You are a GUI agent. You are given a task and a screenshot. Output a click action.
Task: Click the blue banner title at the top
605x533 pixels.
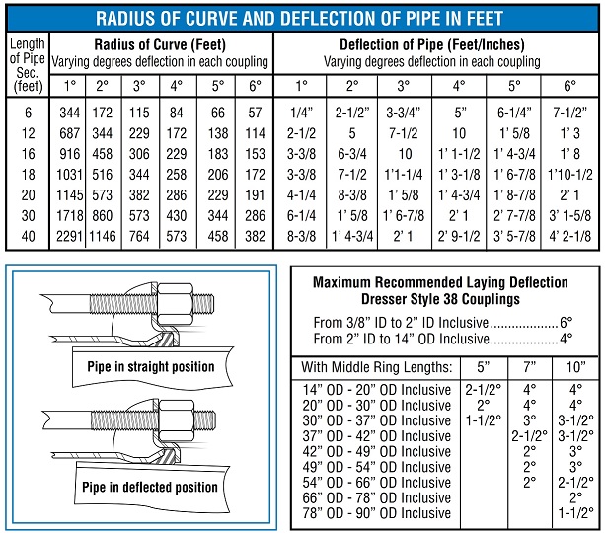[x=299, y=18]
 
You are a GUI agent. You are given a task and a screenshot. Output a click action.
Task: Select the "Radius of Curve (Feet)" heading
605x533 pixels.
[x=160, y=45]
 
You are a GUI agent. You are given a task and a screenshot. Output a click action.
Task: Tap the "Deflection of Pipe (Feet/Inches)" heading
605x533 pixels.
[x=431, y=45]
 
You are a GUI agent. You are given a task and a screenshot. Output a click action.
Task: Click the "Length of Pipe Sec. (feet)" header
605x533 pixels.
[x=28, y=65]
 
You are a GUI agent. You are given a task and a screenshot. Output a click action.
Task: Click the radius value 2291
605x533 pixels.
[x=69, y=236]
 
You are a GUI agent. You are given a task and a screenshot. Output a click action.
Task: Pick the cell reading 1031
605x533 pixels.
[x=69, y=174]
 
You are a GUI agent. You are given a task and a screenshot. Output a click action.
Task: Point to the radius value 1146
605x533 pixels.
[x=103, y=236]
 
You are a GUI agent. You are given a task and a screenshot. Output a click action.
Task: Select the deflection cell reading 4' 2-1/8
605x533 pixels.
[x=569, y=236]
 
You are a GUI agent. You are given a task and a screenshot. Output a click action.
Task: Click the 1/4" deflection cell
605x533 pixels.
[x=301, y=113]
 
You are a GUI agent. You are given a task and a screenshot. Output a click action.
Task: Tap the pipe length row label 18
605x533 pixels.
[x=29, y=174]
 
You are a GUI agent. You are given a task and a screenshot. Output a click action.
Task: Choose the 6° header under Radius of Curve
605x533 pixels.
[x=255, y=85]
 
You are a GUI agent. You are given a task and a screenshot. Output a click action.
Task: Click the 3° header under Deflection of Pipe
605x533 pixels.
[x=404, y=85]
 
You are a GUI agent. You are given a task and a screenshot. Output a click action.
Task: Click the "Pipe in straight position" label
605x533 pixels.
[x=151, y=366]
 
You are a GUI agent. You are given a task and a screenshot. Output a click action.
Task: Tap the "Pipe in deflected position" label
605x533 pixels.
[x=150, y=487]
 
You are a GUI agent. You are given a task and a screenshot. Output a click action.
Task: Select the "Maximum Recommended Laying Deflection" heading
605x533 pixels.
[x=440, y=282]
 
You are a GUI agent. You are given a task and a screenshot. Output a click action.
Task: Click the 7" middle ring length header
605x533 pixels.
[x=530, y=366]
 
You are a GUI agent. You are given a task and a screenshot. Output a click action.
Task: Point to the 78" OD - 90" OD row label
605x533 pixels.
[x=377, y=513]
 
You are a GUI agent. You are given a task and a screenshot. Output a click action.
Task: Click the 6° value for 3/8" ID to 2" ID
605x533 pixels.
[x=567, y=322]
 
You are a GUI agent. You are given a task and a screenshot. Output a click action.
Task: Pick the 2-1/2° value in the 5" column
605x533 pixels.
[x=483, y=390]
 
